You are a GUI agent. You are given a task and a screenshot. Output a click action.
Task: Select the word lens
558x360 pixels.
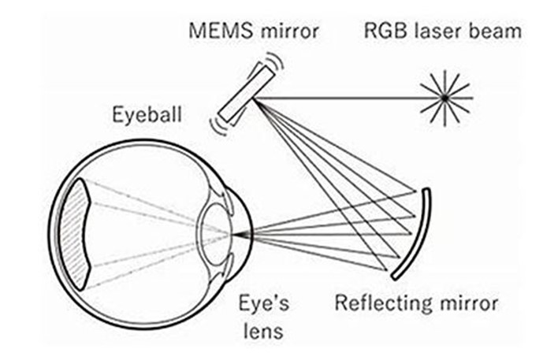[x=262, y=330]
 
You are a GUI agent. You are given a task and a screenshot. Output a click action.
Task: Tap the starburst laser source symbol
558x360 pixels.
[x=445, y=97]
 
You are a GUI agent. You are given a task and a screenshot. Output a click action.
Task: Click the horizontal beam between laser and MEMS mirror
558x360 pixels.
[x=347, y=97]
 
